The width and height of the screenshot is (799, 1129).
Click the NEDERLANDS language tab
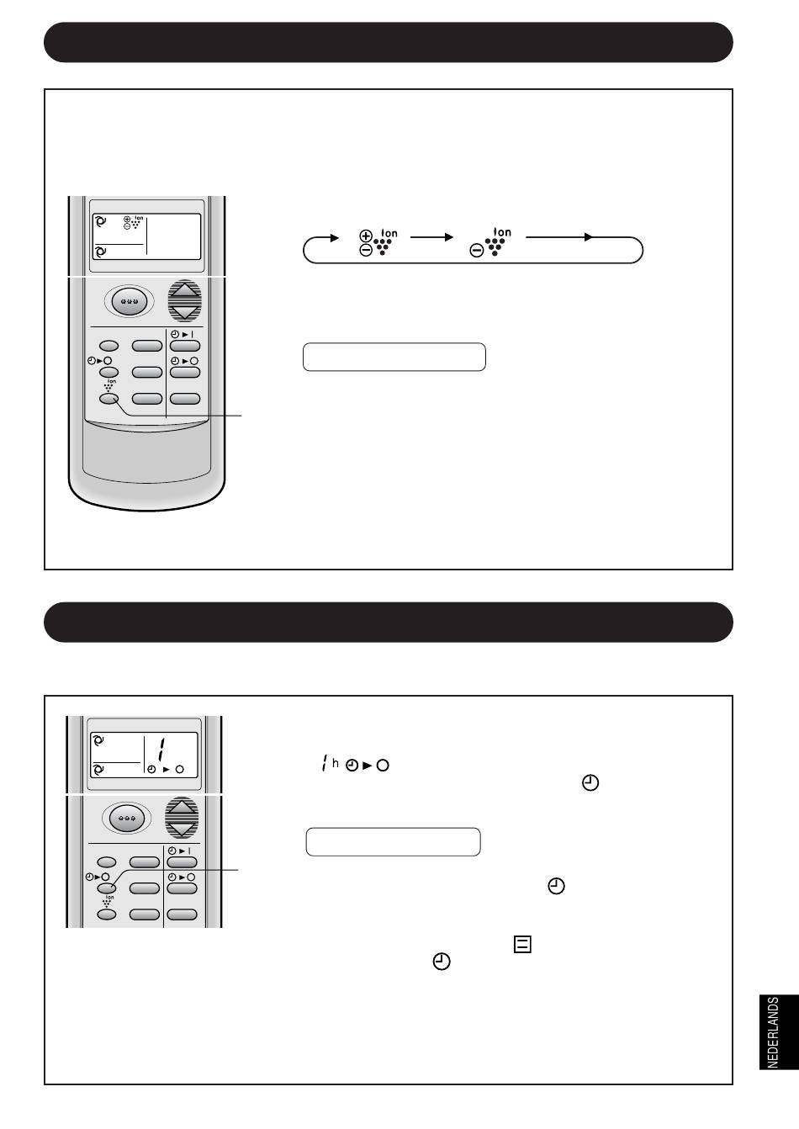pos(779,1031)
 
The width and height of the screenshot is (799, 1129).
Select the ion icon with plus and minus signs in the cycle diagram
pos(378,242)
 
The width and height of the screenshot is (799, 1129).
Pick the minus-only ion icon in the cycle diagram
pos(490,242)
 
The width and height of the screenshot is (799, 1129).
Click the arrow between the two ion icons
pos(431,237)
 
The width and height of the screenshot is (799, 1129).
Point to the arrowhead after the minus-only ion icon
pos(589,237)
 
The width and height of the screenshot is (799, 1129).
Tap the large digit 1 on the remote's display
pos(161,750)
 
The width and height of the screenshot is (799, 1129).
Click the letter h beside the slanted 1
pos(336,764)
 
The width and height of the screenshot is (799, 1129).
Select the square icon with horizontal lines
pos(522,944)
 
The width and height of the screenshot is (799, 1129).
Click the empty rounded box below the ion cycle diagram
pos(394,357)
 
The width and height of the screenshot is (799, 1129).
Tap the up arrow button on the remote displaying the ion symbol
pos(185,289)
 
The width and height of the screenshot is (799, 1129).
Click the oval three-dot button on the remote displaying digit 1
pos(126,818)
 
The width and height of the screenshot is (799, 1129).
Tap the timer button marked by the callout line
pos(107,888)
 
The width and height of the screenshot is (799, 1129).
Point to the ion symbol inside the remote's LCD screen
pos(134,222)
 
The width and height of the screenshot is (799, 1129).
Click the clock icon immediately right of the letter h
pos(352,765)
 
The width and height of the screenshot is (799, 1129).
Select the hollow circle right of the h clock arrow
pos(383,765)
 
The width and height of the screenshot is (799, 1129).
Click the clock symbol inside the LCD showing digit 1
pos(151,769)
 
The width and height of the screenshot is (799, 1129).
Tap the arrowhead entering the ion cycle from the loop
pos(335,237)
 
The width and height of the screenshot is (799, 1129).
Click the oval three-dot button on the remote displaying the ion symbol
pos(130,301)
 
